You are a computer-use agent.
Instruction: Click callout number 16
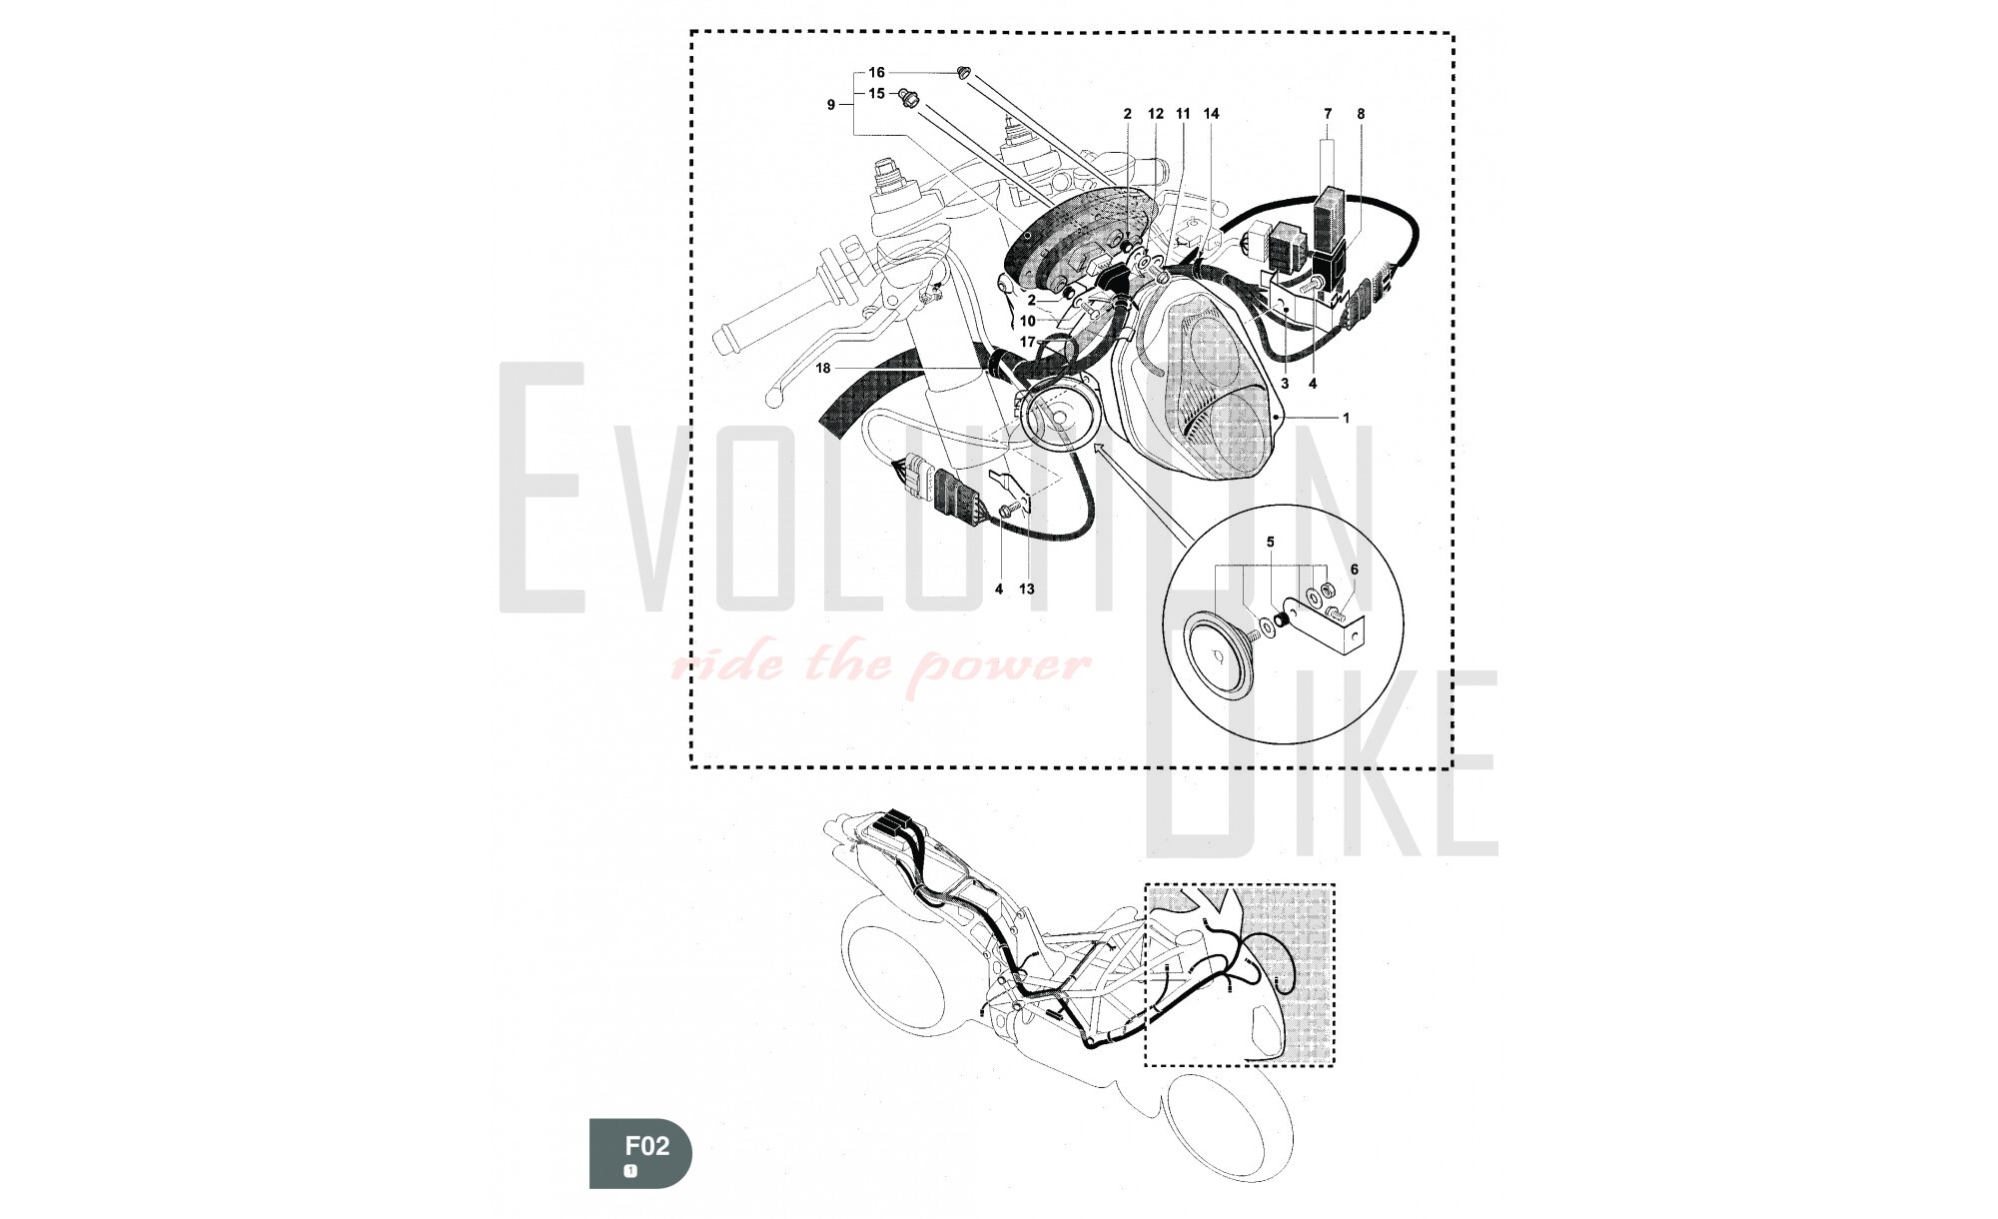click(876, 73)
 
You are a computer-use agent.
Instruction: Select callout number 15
click(876, 94)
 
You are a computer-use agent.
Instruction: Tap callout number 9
click(831, 105)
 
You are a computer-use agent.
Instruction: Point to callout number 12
click(1156, 114)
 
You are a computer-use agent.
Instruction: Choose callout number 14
click(1212, 114)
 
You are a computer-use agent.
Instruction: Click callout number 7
click(1328, 114)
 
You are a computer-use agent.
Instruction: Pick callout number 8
click(1361, 114)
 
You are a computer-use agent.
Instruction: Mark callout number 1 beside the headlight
click(1346, 419)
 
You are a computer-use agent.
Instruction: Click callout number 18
click(823, 369)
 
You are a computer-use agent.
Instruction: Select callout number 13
click(1027, 590)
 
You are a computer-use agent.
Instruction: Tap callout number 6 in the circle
click(1355, 570)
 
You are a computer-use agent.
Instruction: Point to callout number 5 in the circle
click(1271, 543)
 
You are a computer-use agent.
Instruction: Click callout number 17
click(1027, 343)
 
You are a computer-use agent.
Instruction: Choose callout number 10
click(1027, 322)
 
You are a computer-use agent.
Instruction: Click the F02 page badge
click(640, 1152)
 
